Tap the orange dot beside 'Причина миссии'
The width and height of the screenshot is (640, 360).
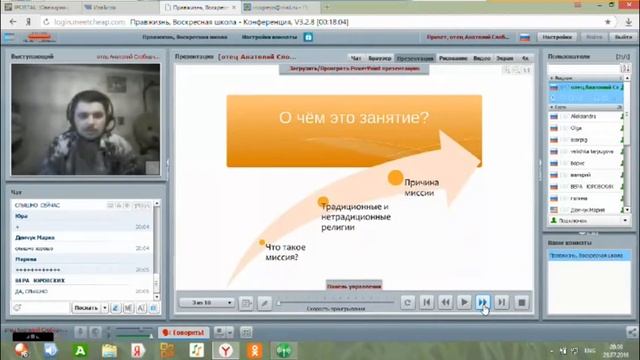point(396,178)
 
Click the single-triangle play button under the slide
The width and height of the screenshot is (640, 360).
point(464,302)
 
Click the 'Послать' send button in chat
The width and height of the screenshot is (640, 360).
point(86,307)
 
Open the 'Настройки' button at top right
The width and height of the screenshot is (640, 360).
point(557,37)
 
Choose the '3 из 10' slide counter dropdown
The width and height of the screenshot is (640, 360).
point(205,302)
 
